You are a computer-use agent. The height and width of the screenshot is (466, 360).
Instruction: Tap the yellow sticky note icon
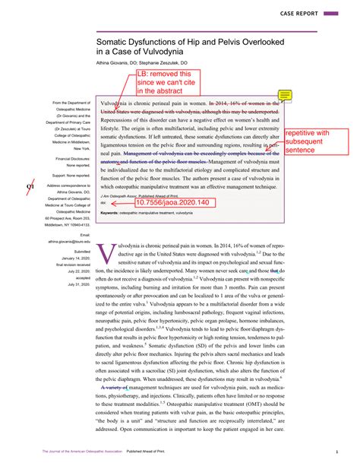coord(286,95)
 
